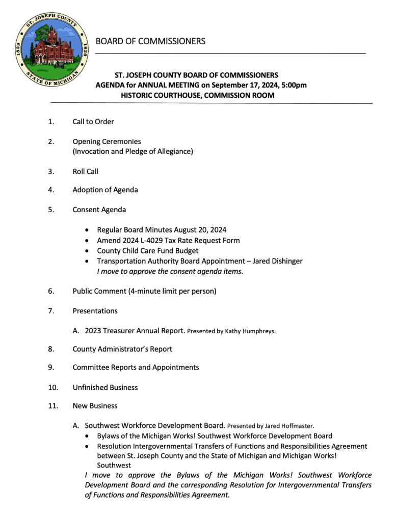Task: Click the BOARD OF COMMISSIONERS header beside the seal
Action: [150, 41]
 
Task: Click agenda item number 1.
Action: [50, 122]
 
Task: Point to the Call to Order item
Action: [93, 122]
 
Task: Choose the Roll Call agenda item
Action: [86, 171]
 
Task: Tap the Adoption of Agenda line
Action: [105, 190]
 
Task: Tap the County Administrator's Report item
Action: [122, 349]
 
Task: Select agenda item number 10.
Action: [52, 387]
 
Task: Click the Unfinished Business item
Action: [105, 387]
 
